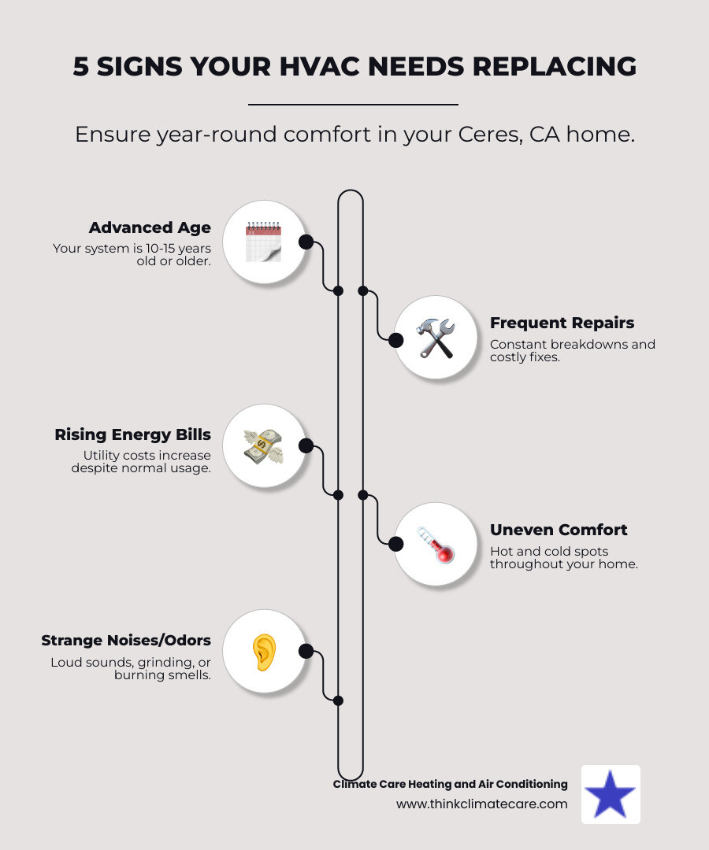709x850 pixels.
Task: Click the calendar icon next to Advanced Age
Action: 263,242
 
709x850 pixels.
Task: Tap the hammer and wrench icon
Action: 436,338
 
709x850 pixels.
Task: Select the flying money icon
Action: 263,446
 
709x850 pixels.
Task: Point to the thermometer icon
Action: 436,544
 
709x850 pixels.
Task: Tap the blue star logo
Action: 611,795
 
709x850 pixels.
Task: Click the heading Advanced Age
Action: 150,228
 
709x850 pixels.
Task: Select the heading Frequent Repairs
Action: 562,323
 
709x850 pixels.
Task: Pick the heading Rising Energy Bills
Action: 132,434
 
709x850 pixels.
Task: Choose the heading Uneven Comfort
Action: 559,530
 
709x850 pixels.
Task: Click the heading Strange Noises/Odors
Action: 126,641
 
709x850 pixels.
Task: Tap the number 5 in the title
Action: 81,67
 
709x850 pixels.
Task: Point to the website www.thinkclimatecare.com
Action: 481,804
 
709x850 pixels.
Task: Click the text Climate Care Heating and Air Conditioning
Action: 450,784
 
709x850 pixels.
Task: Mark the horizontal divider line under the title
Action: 353,104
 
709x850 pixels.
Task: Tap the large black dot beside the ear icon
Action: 306,652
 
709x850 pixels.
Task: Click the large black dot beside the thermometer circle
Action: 396,544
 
